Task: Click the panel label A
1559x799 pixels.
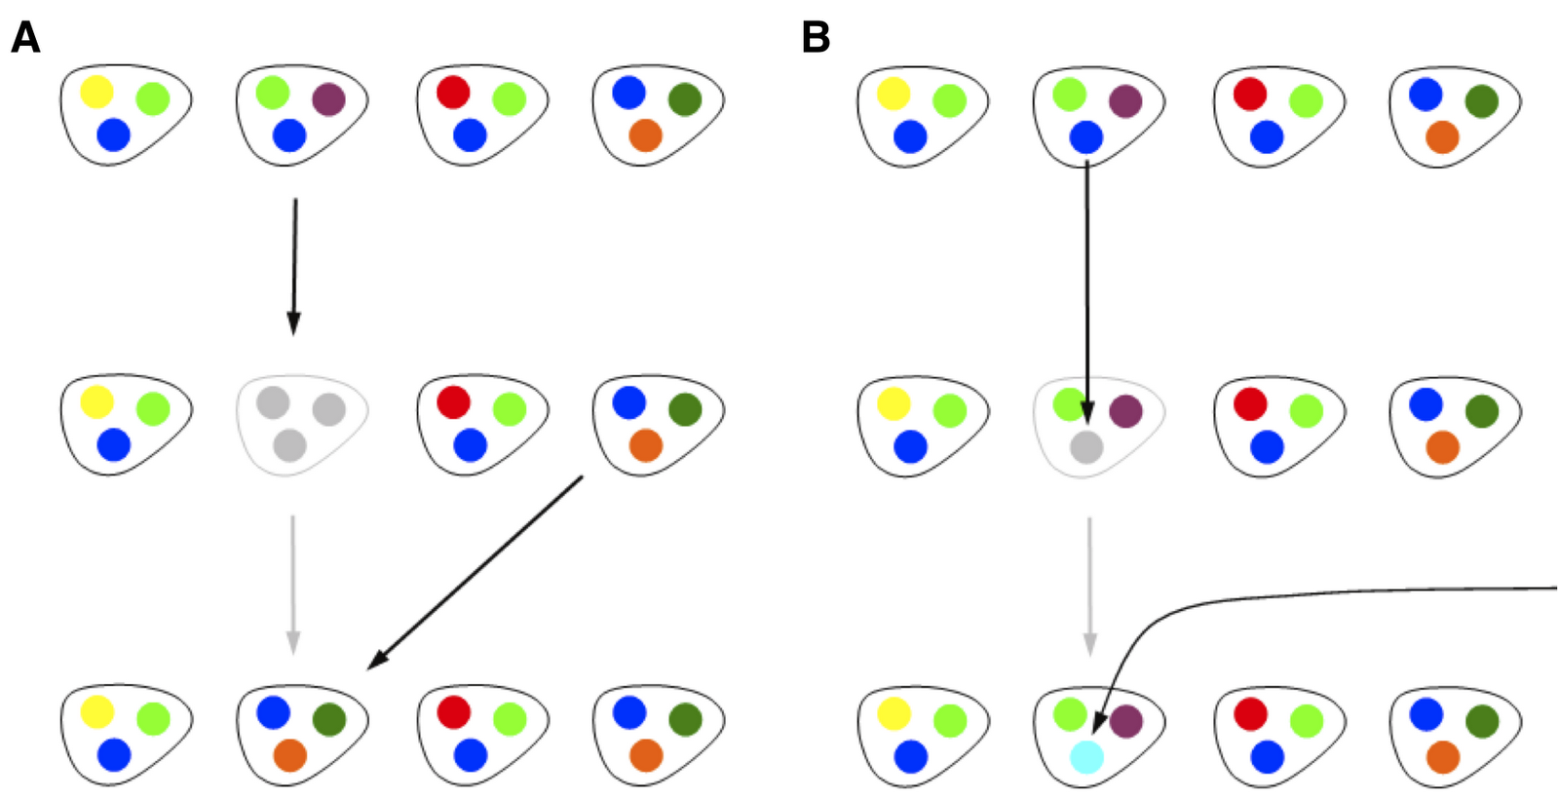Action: tap(25, 38)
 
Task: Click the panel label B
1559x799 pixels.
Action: tap(816, 38)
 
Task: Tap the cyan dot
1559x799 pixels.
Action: tap(1086, 757)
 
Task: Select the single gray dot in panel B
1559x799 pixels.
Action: tap(1086, 447)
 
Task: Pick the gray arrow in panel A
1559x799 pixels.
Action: tap(292, 585)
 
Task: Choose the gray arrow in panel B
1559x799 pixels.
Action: tap(1089, 585)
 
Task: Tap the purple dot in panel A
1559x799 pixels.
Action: tap(329, 98)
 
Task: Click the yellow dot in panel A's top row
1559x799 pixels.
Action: tap(96, 92)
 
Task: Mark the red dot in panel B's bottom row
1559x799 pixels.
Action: tap(1250, 713)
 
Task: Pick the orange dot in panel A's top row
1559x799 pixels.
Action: tap(645, 135)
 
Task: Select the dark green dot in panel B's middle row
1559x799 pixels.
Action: tap(1481, 410)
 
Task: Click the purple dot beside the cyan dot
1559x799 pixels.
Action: tap(1126, 720)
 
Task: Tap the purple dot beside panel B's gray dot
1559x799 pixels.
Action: tap(1126, 410)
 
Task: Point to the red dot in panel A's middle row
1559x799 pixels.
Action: tap(453, 401)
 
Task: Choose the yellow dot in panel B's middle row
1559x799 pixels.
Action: tap(894, 403)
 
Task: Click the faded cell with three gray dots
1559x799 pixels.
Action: tap(302, 425)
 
